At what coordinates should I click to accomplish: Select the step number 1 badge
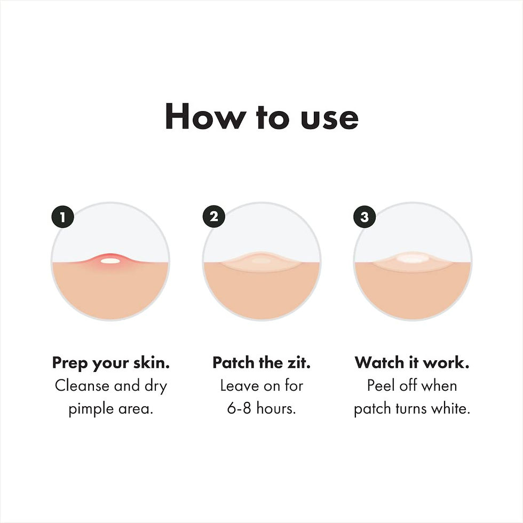click(x=62, y=217)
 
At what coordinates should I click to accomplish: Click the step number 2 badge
click(x=213, y=217)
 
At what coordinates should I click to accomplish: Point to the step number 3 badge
click(x=364, y=217)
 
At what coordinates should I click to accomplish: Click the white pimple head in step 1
click(x=110, y=260)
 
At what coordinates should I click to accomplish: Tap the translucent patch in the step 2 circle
click(x=261, y=261)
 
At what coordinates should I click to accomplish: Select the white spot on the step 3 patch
click(x=412, y=259)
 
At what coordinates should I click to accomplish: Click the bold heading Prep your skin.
click(x=111, y=363)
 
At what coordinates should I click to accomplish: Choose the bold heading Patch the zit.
click(x=261, y=363)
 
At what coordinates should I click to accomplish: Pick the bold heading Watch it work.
click(x=412, y=363)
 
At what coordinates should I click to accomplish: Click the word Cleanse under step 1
click(x=82, y=386)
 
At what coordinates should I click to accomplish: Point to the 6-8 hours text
click(x=261, y=409)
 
